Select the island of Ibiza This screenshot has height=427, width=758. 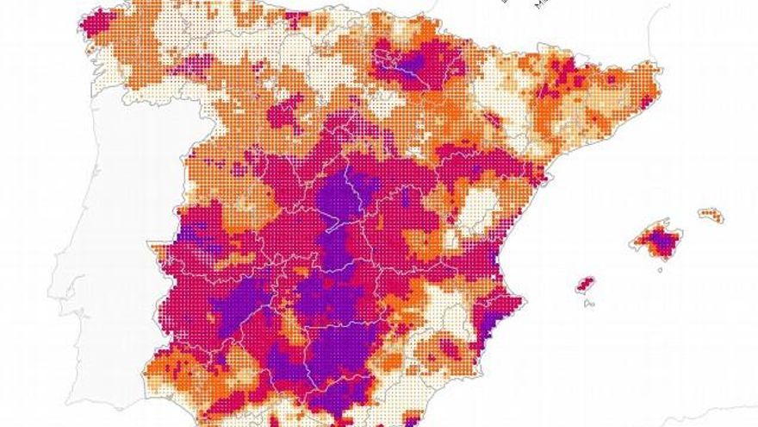click(x=586, y=284)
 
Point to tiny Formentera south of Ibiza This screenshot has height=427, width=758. click(x=588, y=303)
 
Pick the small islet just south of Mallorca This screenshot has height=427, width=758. click(x=659, y=268)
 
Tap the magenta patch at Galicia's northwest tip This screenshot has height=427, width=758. click(x=96, y=21)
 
